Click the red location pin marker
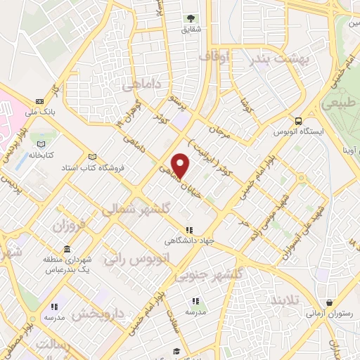181,165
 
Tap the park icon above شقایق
190,19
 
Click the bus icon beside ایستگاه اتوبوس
300,121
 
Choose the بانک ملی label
40,110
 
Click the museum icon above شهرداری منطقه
66,250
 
